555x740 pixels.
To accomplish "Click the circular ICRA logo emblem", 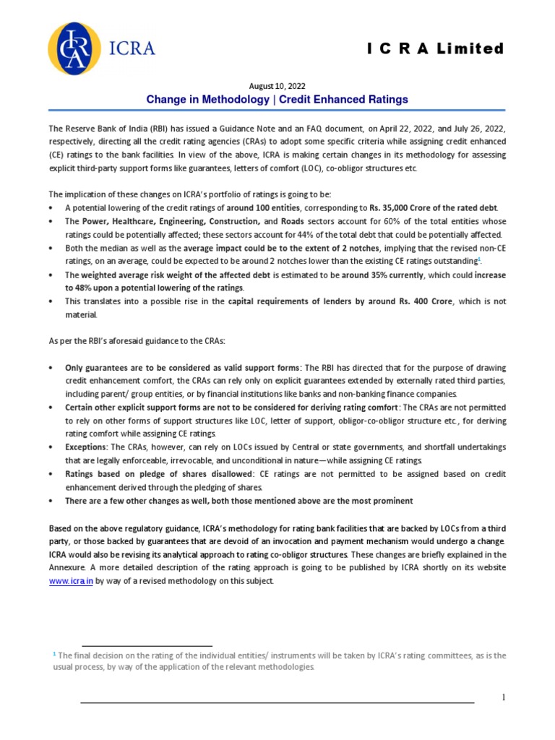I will coord(74,49).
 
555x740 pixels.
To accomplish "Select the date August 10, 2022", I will coord(277,86).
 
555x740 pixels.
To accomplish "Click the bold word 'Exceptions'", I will coord(87,447).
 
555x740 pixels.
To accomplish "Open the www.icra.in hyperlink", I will coord(71,582).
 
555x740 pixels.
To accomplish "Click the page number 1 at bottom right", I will coord(504,697).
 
